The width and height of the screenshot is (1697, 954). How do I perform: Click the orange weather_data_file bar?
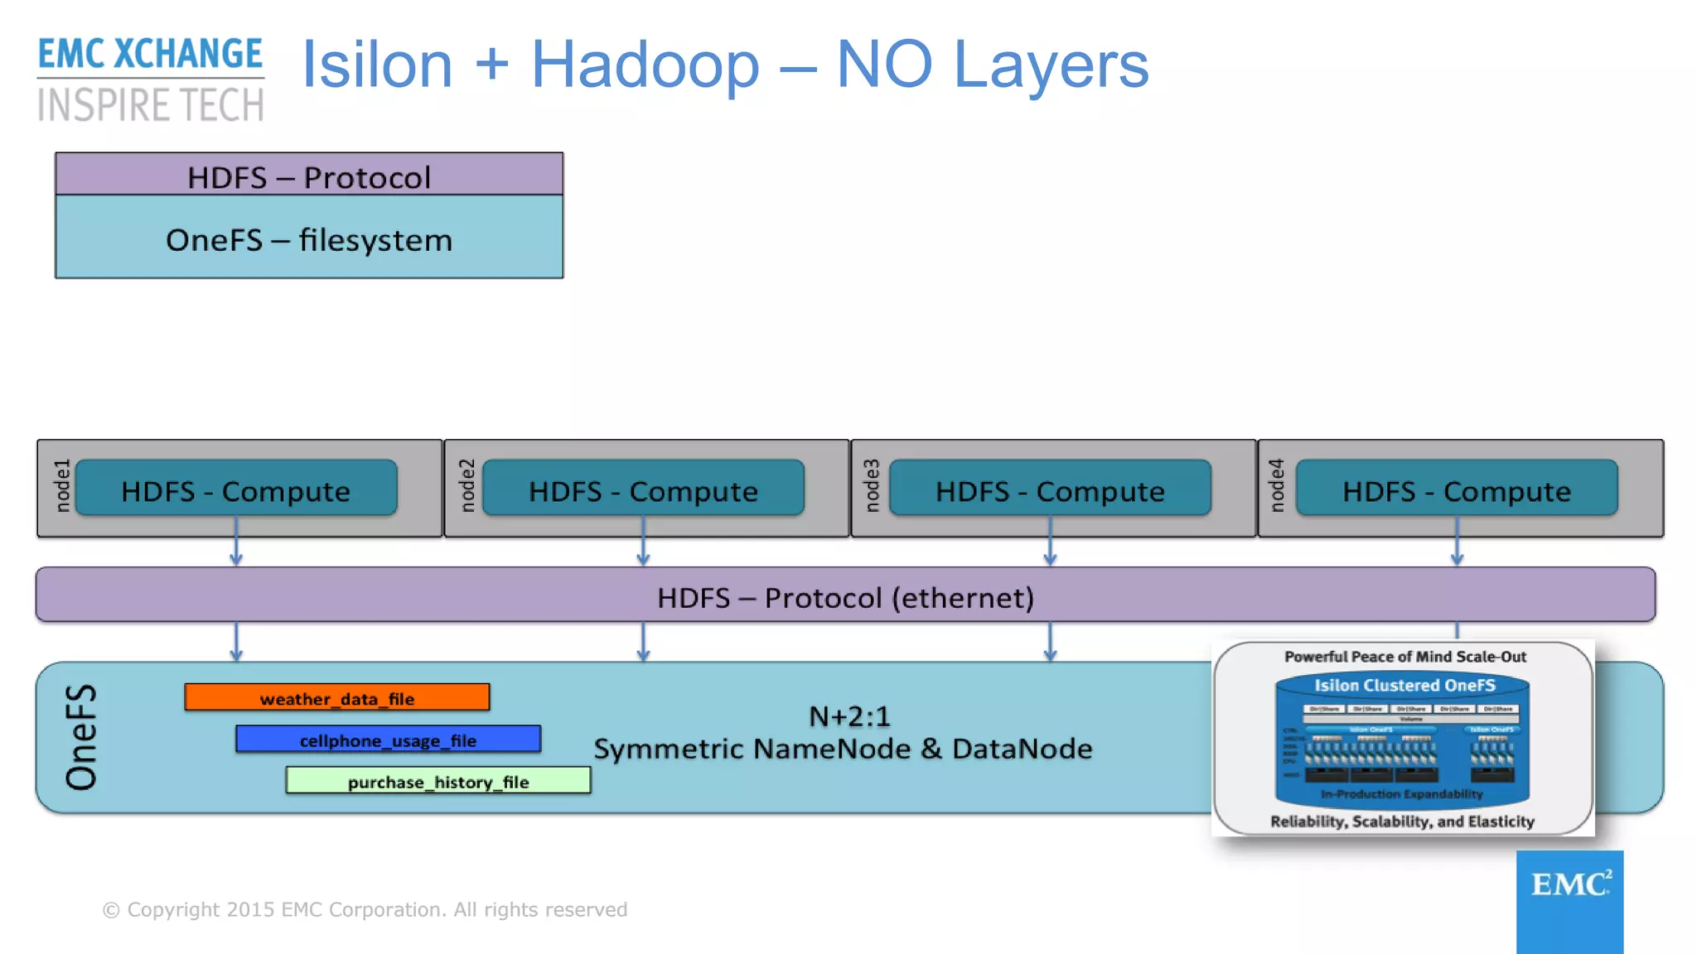pos(336,697)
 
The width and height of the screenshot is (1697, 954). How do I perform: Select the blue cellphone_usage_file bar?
pos(388,739)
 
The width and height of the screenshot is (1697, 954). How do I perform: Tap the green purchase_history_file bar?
pos(438,781)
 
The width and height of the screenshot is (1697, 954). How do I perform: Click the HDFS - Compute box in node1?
pos(236,489)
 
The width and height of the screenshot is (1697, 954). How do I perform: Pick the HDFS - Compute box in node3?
pos(1050,489)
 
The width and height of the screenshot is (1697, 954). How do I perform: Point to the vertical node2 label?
pos(467,486)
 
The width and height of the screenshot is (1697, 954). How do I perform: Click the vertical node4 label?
pos(1276,486)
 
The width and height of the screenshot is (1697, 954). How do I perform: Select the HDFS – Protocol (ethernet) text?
pos(845,597)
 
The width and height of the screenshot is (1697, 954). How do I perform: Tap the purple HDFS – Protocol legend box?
pos(309,176)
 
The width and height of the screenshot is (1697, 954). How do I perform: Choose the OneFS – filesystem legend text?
pos(309,240)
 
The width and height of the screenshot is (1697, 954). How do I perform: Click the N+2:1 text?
pos(849,715)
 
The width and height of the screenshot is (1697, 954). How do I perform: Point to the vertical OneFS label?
pos(81,737)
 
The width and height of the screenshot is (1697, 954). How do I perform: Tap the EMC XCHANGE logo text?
pos(150,55)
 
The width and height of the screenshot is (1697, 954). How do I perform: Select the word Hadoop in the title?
pos(645,65)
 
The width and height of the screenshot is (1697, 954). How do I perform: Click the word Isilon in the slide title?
pos(377,65)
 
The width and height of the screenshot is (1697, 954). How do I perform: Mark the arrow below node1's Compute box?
pos(236,547)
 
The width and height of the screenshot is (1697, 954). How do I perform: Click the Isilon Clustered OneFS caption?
pos(1404,685)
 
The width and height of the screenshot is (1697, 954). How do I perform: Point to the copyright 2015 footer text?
pos(365,909)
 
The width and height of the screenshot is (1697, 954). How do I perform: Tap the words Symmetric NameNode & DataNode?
pos(843,749)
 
